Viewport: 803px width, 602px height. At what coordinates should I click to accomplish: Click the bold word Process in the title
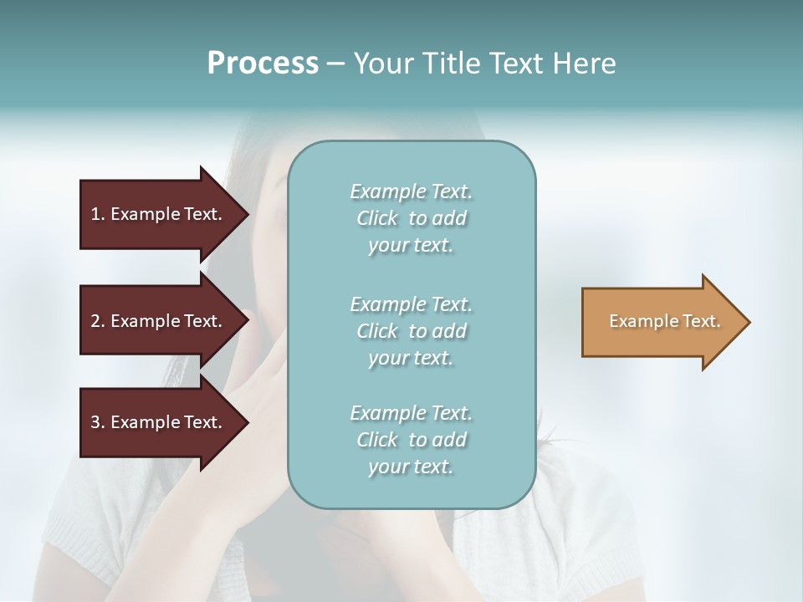[x=263, y=64]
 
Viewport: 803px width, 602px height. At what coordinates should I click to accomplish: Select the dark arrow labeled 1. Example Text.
[x=156, y=214]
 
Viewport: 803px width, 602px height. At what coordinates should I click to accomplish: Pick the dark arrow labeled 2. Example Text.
[x=156, y=321]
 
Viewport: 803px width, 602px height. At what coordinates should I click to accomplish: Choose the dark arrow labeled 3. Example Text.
[x=156, y=422]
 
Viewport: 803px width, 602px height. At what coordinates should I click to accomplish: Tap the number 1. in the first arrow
[x=98, y=214]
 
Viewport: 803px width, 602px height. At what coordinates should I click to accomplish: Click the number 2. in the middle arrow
[x=98, y=321]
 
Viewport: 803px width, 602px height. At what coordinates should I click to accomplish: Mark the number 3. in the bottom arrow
[x=98, y=422]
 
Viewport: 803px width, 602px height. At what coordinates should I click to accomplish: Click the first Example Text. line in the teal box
[x=411, y=191]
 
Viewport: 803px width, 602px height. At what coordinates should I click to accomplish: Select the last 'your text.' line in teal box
[x=411, y=467]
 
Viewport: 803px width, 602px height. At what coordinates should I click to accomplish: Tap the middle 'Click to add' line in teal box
[x=411, y=331]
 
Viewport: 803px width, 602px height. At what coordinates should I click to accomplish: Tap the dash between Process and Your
[x=336, y=64]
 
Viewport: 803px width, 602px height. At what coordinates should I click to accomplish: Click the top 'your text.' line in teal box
[x=411, y=246]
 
